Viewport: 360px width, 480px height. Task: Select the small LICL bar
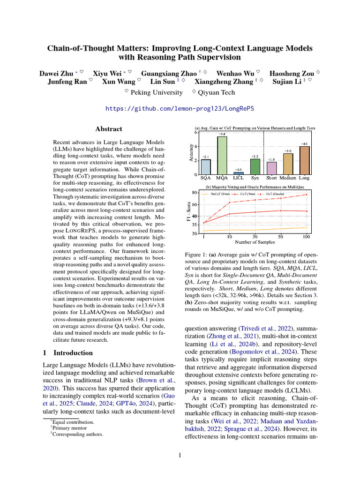pyautogui.click(x=239, y=173)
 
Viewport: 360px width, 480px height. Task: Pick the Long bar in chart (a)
pyautogui.click(x=304, y=160)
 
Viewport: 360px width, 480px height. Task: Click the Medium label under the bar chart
pyautogui.click(x=288, y=179)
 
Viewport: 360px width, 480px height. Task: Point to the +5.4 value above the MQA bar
pyautogui.click(x=222, y=134)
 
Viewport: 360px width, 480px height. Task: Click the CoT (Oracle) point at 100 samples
pyautogui.click(x=307, y=195)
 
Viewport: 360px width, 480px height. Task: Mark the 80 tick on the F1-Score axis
pyautogui.click(x=195, y=192)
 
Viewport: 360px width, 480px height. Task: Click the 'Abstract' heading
pyautogui.click(x=109, y=129)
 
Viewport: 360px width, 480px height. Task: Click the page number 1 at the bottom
pyautogui.click(x=180, y=454)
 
